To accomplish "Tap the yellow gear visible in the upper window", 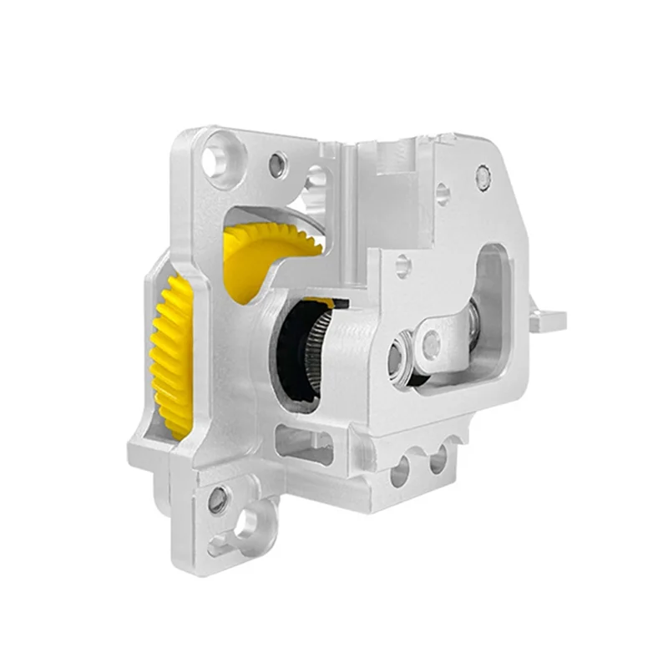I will click(x=267, y=250).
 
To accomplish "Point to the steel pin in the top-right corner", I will click(x=483, y=175).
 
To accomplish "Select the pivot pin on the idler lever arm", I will click(x=431, y=342).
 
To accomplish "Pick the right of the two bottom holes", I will click(x=437, y=462).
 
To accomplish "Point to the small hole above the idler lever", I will click(x=402, y=266).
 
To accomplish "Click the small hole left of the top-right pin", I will click(x=443, y=195).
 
